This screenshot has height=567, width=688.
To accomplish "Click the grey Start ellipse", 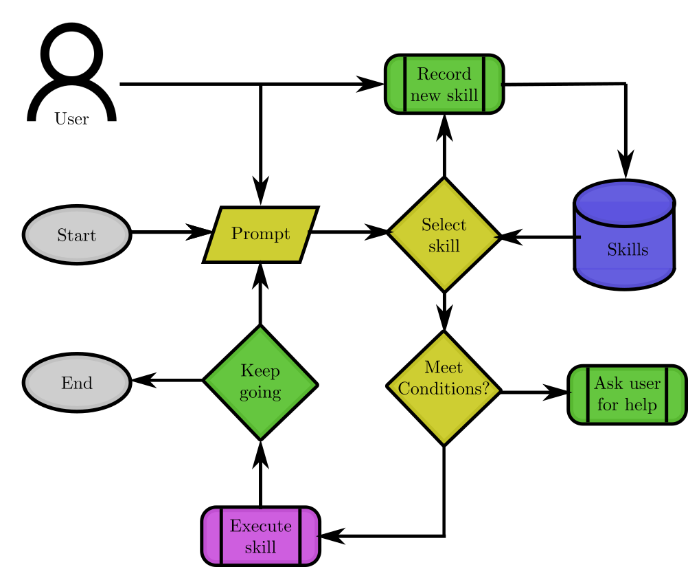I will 77,235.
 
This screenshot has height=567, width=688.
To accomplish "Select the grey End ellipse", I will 77,383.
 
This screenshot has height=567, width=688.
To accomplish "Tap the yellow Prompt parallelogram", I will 260,234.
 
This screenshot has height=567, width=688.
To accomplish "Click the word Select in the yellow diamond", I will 444,225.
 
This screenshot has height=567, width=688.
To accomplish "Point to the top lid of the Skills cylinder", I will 623,203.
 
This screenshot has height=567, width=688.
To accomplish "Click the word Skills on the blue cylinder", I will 627,250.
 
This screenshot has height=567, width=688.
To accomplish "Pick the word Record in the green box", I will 444,74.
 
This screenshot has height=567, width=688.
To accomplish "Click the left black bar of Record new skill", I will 404,84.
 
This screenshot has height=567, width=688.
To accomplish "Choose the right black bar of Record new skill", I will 484,84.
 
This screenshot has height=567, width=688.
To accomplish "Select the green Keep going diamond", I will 260,382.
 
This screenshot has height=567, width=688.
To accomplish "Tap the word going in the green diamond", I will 260,393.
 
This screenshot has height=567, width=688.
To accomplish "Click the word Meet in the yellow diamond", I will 444,368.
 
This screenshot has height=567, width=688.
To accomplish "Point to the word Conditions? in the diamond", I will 444,389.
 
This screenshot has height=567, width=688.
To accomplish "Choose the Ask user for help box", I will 627,394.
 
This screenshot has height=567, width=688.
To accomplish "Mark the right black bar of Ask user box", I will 667,394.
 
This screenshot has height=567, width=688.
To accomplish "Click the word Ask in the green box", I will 606,383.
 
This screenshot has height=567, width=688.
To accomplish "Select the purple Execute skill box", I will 260,536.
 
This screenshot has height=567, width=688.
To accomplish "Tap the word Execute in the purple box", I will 260,526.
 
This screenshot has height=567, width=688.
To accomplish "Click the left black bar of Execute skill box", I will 220,536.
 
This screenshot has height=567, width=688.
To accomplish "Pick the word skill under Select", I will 444,246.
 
